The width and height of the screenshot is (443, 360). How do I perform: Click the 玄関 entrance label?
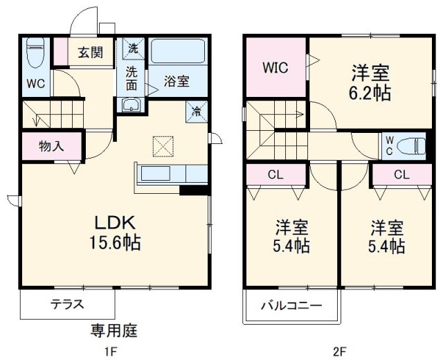coord(89,51)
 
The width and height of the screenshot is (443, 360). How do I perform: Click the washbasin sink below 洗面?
coord(132,105)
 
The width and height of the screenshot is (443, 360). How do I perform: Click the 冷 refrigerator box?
coord(196,110)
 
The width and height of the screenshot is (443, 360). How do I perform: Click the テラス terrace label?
coord(67,303)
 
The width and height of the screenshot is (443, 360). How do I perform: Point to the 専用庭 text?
coord(114,330)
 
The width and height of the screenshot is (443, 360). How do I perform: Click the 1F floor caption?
coord(110,351)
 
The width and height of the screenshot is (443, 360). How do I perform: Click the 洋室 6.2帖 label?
coord(370,82)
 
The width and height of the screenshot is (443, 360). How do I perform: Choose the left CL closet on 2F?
coord(275,174)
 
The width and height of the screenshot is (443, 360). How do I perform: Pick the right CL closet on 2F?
coord(401,174)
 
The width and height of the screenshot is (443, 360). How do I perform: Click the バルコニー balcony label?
coord(290,305)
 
